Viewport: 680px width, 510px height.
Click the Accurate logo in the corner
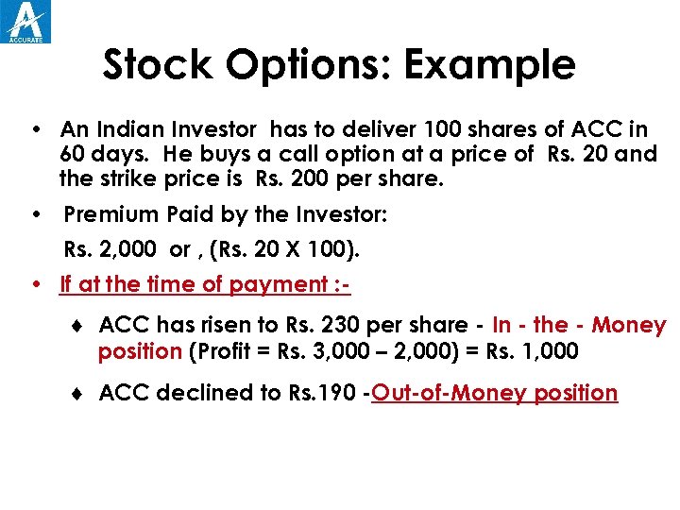click(27, 21)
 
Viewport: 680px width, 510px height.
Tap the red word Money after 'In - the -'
click(628, 326)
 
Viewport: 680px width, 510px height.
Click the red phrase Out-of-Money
click(449, 393)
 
